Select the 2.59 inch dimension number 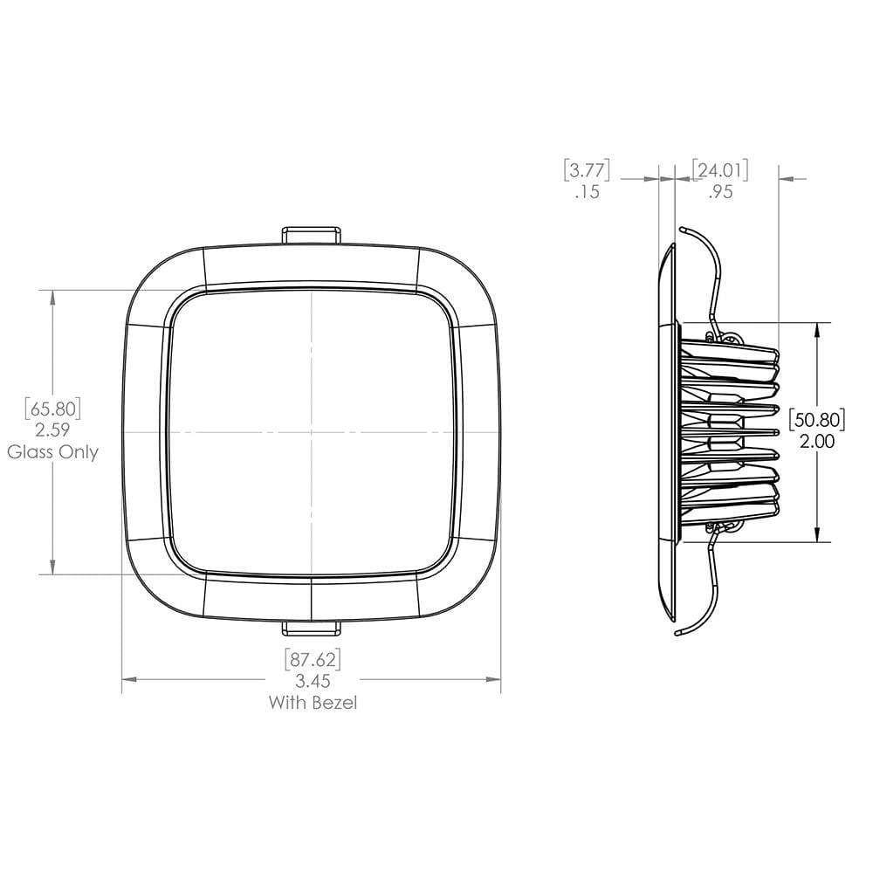coord(54,430)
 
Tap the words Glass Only coord(53,452)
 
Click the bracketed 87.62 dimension coord(312,658)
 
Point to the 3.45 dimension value coord(312,680)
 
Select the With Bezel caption coord(312,702)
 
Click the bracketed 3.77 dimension coord(586,168)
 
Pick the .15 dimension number coord(588,192)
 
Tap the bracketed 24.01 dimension coord(720,168)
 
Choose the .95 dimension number coord(720,192)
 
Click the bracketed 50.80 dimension coord(816,419)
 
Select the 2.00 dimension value coord(816,442)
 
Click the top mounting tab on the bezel coord(311,234)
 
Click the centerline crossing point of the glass coord(312,432)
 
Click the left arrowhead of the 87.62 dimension coord(128,679)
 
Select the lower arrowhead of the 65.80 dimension coord(54,568)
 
